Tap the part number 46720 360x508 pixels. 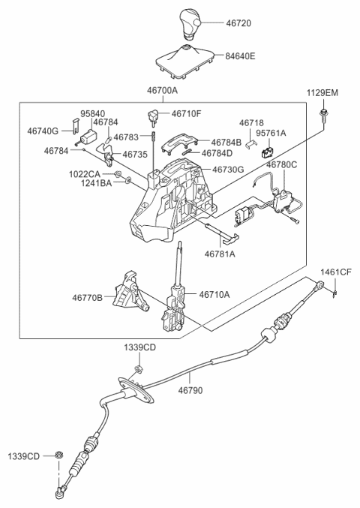pyautogui.click(x=238, y=23)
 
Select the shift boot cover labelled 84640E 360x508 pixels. pyautogui.click(x=186, y=62)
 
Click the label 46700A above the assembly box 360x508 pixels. pyautogui.click(x=163, y=90)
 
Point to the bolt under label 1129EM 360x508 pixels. pyautogui.click(x=322, y=116)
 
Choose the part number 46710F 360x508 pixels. pyautogui.click(x=187, y=114)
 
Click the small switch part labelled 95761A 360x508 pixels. pyautogui.click(x=266, y=152)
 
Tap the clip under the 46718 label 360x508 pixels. pyautogui.click(x=251, y=144)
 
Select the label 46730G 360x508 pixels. pyautogui.click(x=228, y=170)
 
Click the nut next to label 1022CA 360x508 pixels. pyautogui.click(x=118, y=175)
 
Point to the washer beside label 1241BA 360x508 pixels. pyautogui.click(x=128, y=179)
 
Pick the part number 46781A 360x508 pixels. pyautogui.click(x=220, y=254)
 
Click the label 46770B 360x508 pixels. pyautogui.click(x=87, y=297)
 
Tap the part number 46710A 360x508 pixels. pyautogui.click(x=214, y=294)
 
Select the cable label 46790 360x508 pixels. pyautogui.click(x=190, y=390)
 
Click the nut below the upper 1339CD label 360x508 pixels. pyautogui.click(x=139, y=368)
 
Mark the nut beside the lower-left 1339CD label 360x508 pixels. pyautogui.click(x=58, y=455)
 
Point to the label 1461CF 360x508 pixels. pyautogui.click(x=336, y=272)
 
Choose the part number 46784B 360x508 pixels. pyautogui.click(x=226, y=143)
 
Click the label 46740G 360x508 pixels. pyautogui.click(x=43, y=131)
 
